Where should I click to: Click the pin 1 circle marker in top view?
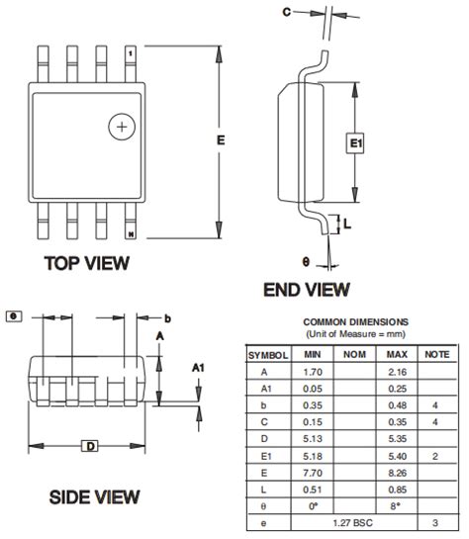[x=122, y=128]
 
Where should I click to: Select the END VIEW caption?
[x=306, y=290]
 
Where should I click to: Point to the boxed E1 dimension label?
[x=355, y=144]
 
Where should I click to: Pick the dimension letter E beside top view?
[x=221, y=140]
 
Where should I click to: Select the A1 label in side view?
[x=198, y=368]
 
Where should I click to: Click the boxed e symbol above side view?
[x=14, y=316]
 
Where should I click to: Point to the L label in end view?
[x=348, y=225]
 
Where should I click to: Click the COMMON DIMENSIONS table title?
[x=354, y=322]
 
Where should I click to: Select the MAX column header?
[x=397, y=353]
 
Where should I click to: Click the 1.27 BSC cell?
[x=355, y=521]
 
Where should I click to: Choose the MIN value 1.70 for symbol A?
[x=313, y=371]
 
